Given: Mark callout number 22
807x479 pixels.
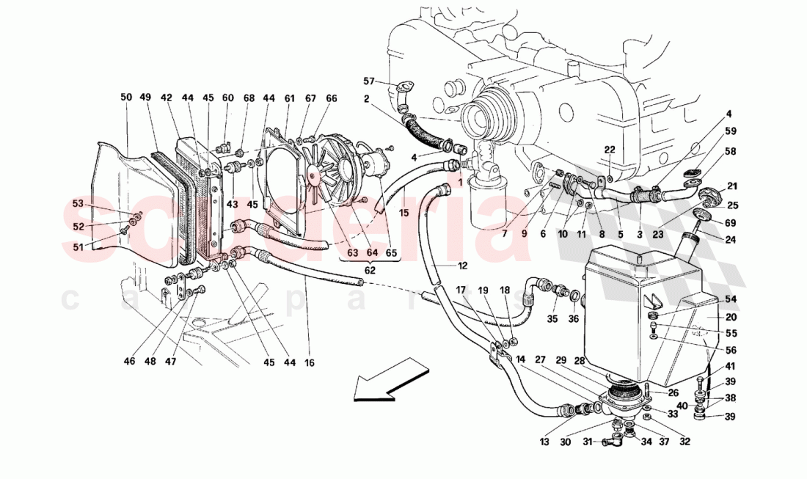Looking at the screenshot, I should (609, 150).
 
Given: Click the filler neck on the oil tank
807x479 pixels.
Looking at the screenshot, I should (692, 240).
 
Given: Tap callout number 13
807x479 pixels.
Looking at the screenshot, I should (544, 442).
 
